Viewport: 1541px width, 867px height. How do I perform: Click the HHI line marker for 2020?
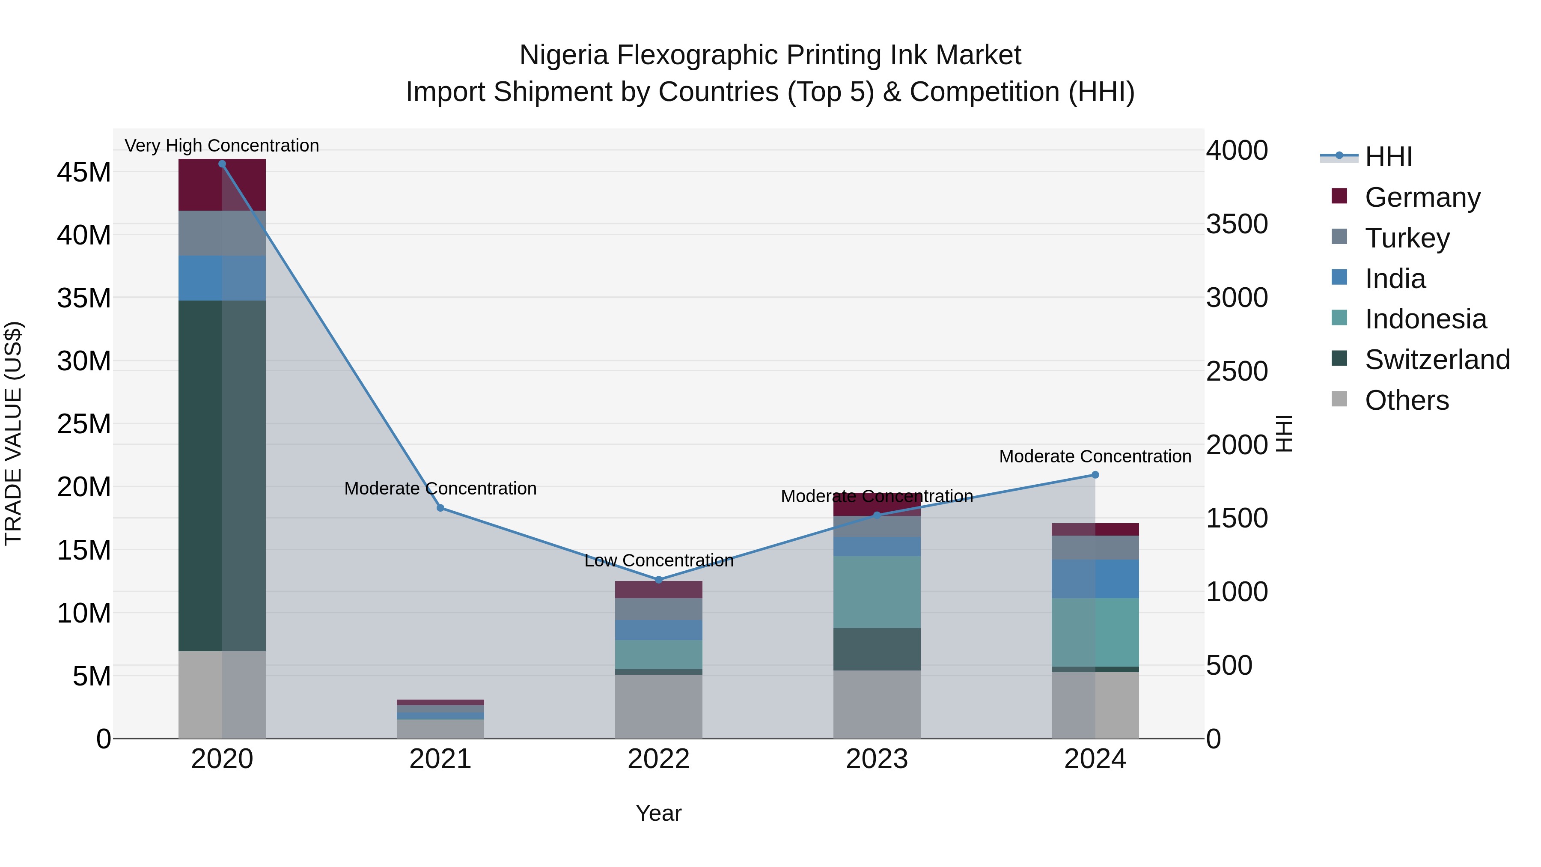click(x=222, y=164)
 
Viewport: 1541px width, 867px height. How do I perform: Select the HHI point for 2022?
click(x=659, y=580)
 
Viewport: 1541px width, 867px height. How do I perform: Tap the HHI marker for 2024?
click(x=1095, y=475)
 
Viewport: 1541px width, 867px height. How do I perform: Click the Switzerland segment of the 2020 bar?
click(x=222, y=476)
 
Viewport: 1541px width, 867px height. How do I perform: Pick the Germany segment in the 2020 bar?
click(x=222, y=185)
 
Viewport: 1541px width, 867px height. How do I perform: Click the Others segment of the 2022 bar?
click(x=659, y=706)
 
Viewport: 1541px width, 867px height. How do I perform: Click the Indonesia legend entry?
click(x=1425, y=319)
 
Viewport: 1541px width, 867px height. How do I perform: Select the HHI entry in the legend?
click(x=1388, y=157)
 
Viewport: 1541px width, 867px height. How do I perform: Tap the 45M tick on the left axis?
click(x=84, y=172)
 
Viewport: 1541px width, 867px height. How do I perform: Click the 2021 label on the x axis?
click(x=440, y=759)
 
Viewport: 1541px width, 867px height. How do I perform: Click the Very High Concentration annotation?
click(x=222, y=146)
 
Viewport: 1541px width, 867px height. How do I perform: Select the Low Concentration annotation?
click(x=659, y=560)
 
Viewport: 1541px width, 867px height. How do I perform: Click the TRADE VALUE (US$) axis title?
click(x=13, y=433)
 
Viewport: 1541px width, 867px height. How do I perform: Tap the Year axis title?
click(x=659, y=813)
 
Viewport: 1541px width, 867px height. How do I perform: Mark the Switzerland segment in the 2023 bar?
click(x=877, y=649)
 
